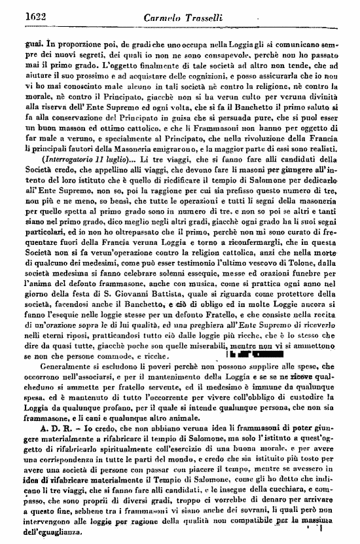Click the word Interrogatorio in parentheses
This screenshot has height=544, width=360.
point(62,179)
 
